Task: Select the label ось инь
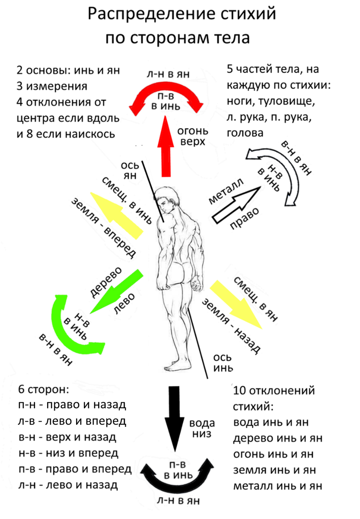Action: point(224,363)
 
